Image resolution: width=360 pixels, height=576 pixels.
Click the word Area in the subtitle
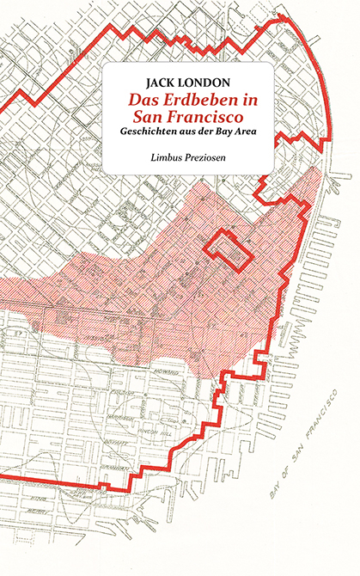tap(250, 134)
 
